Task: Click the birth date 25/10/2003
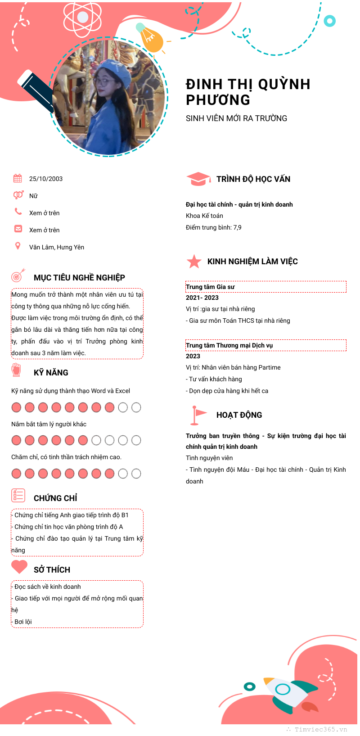(x=46, y=179)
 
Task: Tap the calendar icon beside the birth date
(x=18, y=178)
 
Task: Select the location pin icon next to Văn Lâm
(x=18, y=246)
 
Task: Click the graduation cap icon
(x=198, y=179)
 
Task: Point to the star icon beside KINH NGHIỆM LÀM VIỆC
(x=194, y=261)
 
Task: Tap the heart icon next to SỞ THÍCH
(x=19, y=566)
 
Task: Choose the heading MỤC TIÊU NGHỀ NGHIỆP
(x=79, y=278)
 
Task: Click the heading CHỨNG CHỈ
(x=55, y=498)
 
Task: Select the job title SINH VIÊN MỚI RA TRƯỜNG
(x=236, y=118)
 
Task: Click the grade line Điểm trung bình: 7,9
(x=214, y=227)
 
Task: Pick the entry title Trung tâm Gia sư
(x=210, y=287)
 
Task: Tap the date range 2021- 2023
(x=202, y=298)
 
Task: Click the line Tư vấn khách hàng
(x=215, y=379)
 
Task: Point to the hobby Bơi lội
(x=23, y=622)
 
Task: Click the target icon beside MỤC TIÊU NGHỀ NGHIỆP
(x=18, y=275)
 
